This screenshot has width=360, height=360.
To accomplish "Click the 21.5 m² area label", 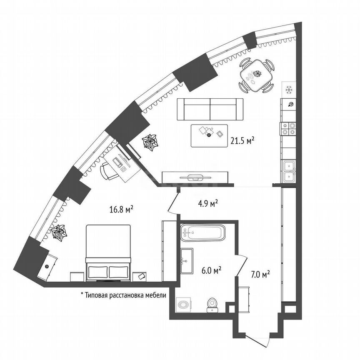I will (x=242, y=141).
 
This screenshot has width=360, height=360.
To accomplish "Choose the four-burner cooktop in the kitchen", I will (x=288, y=128).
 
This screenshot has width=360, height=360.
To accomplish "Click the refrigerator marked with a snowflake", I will (x=288, y=89).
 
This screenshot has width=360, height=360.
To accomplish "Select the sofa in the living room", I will (x=210, y=109).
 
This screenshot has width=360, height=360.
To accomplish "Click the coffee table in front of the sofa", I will (x=209, y=135).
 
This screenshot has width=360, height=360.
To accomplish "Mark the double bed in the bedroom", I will (x=108, y=252).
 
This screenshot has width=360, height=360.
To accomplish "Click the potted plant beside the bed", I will (x=59, y=232).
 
